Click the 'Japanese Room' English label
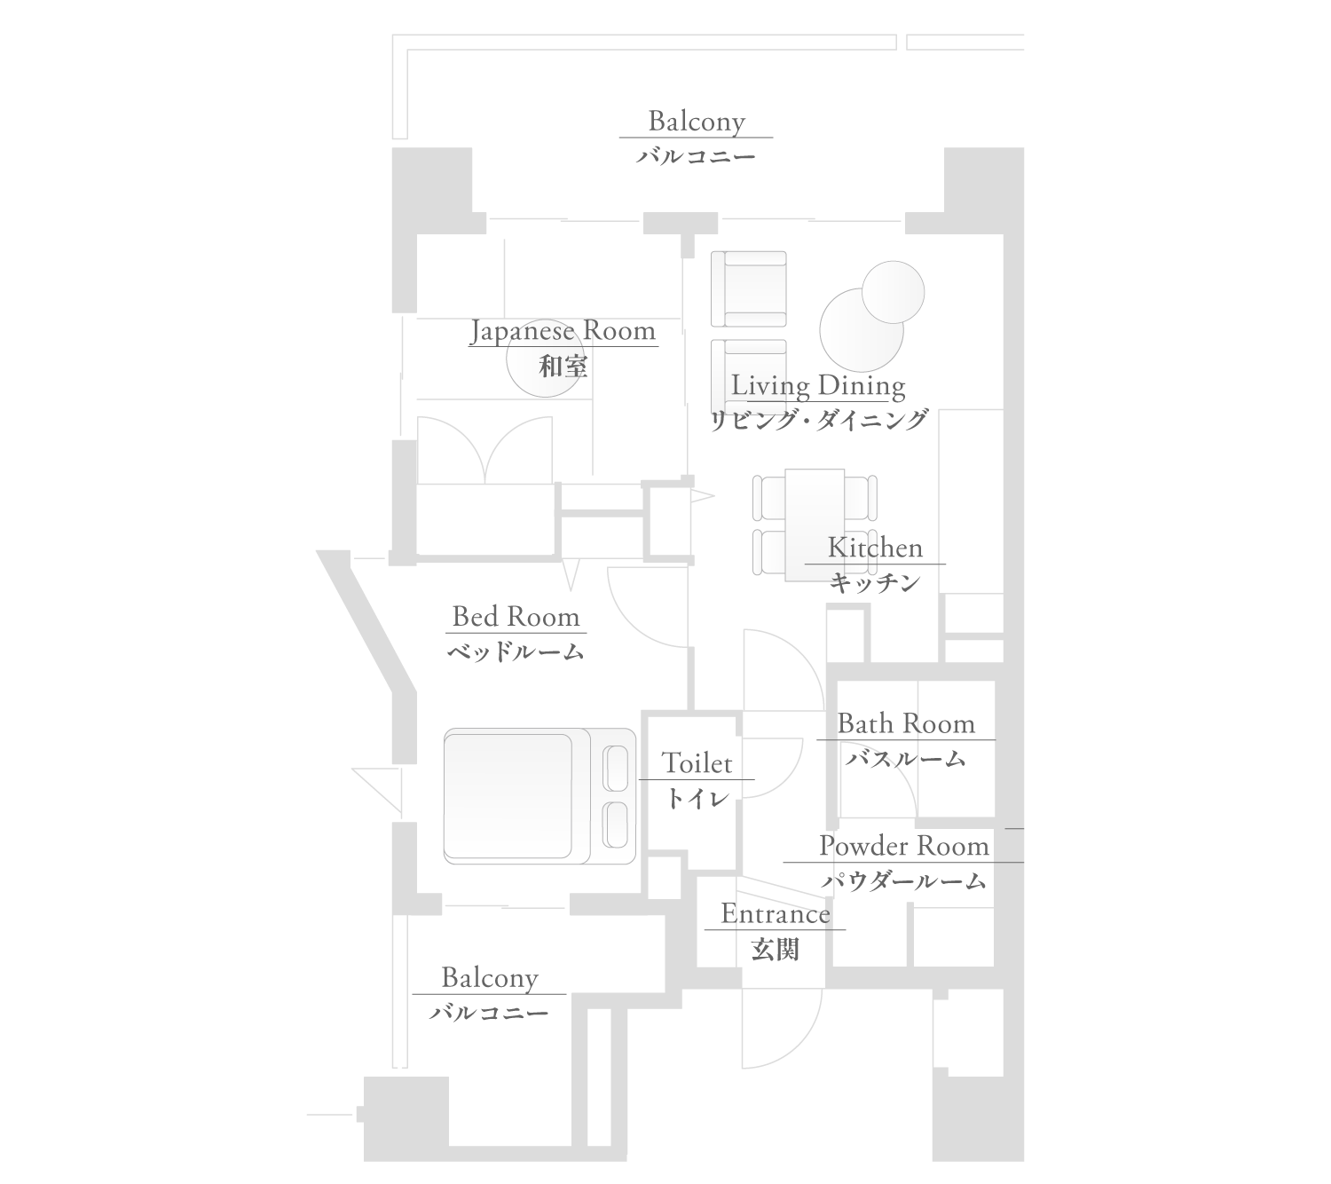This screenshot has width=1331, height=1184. click(x=563, y=331)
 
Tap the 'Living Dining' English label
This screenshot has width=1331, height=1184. click(x=817, y=386)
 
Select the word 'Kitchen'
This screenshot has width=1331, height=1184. click(x=875, y=548)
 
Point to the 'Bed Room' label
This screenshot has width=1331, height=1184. click(x=516, y=616)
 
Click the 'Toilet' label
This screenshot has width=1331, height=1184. click(x=697, y=762)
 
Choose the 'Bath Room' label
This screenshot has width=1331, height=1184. click(x=906, y=723)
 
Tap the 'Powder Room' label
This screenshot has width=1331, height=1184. click(x=903, y=846)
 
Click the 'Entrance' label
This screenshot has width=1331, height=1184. click(x=775, y=914)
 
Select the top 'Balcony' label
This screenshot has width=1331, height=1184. click(x=696, y=121)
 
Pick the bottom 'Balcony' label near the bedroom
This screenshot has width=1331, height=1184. click(x=490, y=978)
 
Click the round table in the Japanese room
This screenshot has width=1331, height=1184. click(x=545, y=358)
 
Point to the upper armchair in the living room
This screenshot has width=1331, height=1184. click(x=749, y=288)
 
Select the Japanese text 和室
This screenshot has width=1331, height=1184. click(x=563, y=366)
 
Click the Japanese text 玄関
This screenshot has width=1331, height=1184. click(x=775, y=950)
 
